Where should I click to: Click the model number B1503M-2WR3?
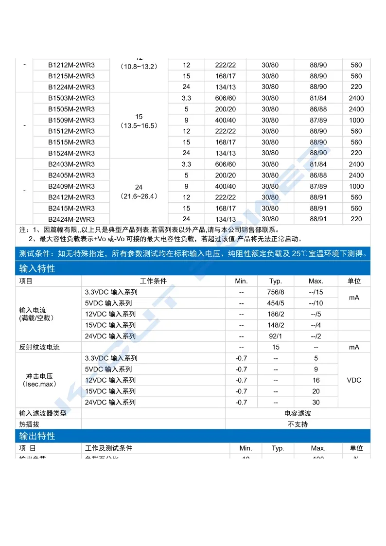point(71,98)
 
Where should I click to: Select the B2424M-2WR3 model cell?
point(71,219)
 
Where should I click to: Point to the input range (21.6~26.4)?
point(139,196)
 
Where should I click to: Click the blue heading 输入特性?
point(37,268)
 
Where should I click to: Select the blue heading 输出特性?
point(37,436)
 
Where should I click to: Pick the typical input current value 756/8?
point(276,292)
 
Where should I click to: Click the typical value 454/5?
point(276,303)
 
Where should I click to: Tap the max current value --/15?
point(316,292)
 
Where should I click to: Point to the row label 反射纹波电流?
point(43,348)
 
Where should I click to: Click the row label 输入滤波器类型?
point(43,413)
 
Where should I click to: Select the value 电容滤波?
point(298,413)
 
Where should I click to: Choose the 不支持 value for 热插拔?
point(298,424)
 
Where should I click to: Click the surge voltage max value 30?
point(316,403)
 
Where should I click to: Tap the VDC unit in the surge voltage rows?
point(354,380)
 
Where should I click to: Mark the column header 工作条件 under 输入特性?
point(153,282)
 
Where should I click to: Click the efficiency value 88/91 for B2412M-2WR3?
point(318,197)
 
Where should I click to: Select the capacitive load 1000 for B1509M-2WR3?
point(356,120)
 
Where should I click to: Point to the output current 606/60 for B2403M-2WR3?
point(225,164)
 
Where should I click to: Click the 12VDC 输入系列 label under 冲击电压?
point(110,380)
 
